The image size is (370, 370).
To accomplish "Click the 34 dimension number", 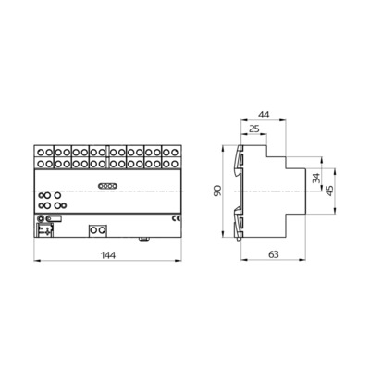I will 316,178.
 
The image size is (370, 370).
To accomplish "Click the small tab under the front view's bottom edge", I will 145,239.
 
